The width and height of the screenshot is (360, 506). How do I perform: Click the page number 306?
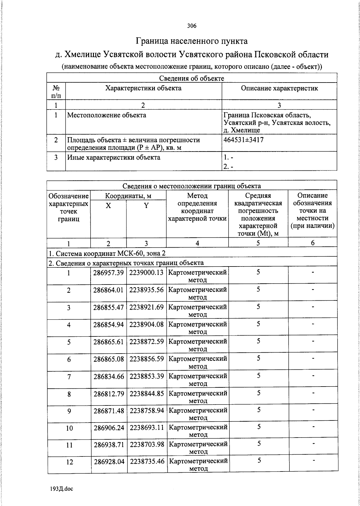tap(192, 26)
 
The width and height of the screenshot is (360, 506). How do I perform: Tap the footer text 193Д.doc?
tap(62, 489)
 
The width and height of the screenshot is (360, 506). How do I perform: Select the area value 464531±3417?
tap(243, 140)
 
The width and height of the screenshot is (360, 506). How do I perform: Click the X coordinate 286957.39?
tap(109, 273)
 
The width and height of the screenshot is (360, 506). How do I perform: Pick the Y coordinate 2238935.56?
tap(147, 290)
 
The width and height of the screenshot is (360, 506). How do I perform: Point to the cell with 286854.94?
tap(109, 324)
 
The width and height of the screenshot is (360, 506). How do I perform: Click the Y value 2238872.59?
tap(147, 342)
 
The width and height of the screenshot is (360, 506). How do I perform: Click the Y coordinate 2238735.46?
tap(147, 461)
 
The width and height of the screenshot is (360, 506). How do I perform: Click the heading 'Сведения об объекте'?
tap(191, 78)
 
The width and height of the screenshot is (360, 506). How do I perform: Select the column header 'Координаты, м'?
tap(128, 196)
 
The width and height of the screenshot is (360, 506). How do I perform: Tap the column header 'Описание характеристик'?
tap(279, 88)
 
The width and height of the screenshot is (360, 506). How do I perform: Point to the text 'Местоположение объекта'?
tap(106, 115)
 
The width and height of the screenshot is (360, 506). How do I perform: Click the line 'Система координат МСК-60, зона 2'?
tap(107, 253)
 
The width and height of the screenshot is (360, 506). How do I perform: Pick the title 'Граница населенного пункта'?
tap(192, 41)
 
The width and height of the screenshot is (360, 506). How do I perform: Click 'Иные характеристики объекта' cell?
tap(113, 158)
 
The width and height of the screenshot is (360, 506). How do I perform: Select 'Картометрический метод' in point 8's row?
tap(198, 397)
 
